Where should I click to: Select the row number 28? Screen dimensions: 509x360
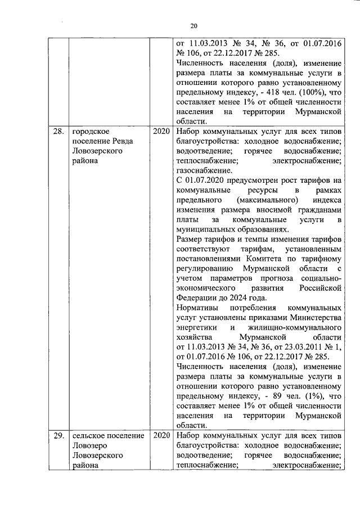coord(58,132)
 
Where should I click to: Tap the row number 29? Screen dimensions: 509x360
coord(58,436)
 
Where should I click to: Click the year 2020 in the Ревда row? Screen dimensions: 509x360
coord(161,132)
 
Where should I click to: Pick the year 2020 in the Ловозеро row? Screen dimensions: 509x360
coord(161,436)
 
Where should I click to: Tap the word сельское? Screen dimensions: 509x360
coord(89,436)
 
